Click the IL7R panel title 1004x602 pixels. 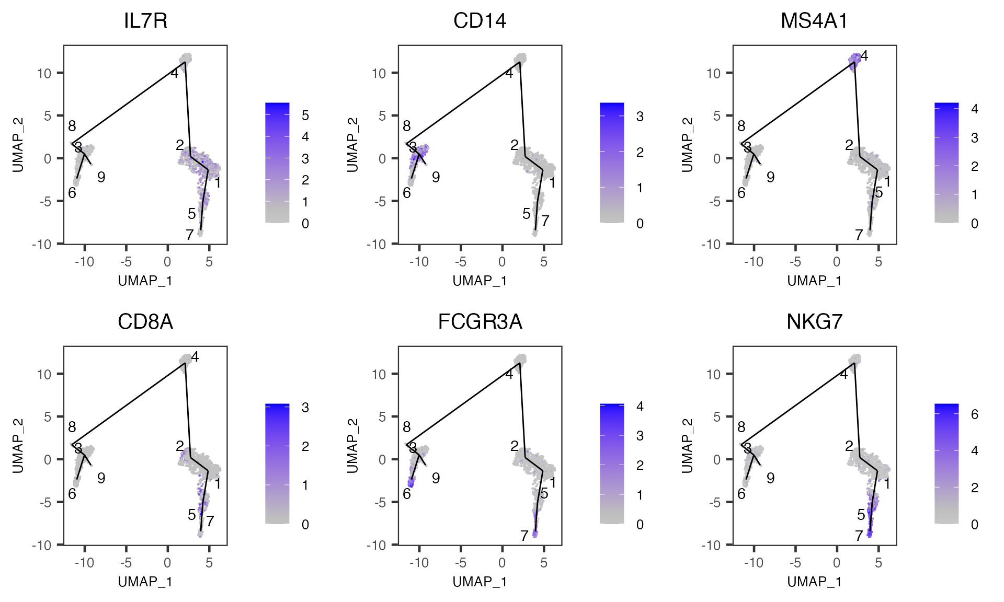[x=145, y=21]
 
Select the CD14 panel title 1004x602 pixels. [x=480, y=21]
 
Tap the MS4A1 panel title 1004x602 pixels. [x=814, y=21]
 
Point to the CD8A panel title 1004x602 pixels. [x=145, y=322]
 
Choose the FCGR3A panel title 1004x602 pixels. [x=480, y=322]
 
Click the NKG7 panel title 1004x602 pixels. [x=814, y=322]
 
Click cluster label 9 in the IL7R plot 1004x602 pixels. [x=101, y=177]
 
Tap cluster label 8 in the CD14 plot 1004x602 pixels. [x=407, y=126]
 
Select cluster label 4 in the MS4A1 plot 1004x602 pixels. [x=864, y=56]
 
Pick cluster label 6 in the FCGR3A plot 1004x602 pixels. [x=407, y=494]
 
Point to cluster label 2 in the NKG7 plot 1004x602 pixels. [x=849, y=446]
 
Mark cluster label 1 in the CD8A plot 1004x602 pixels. [x=218, y=484]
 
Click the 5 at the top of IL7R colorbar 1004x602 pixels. [x=305, y=115]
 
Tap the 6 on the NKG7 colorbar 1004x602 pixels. [x=975, y=414]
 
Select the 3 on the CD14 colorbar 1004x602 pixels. [x=640, y=117]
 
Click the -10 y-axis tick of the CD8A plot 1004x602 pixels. [x=44, y=545]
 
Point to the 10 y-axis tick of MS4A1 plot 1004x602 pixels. [x=714, y=73]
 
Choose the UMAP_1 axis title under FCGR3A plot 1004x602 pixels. [x=480, y=582]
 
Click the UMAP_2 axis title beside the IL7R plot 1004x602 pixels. [x=18, y=145]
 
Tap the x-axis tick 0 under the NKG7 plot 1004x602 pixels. [x=837, y=563]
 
